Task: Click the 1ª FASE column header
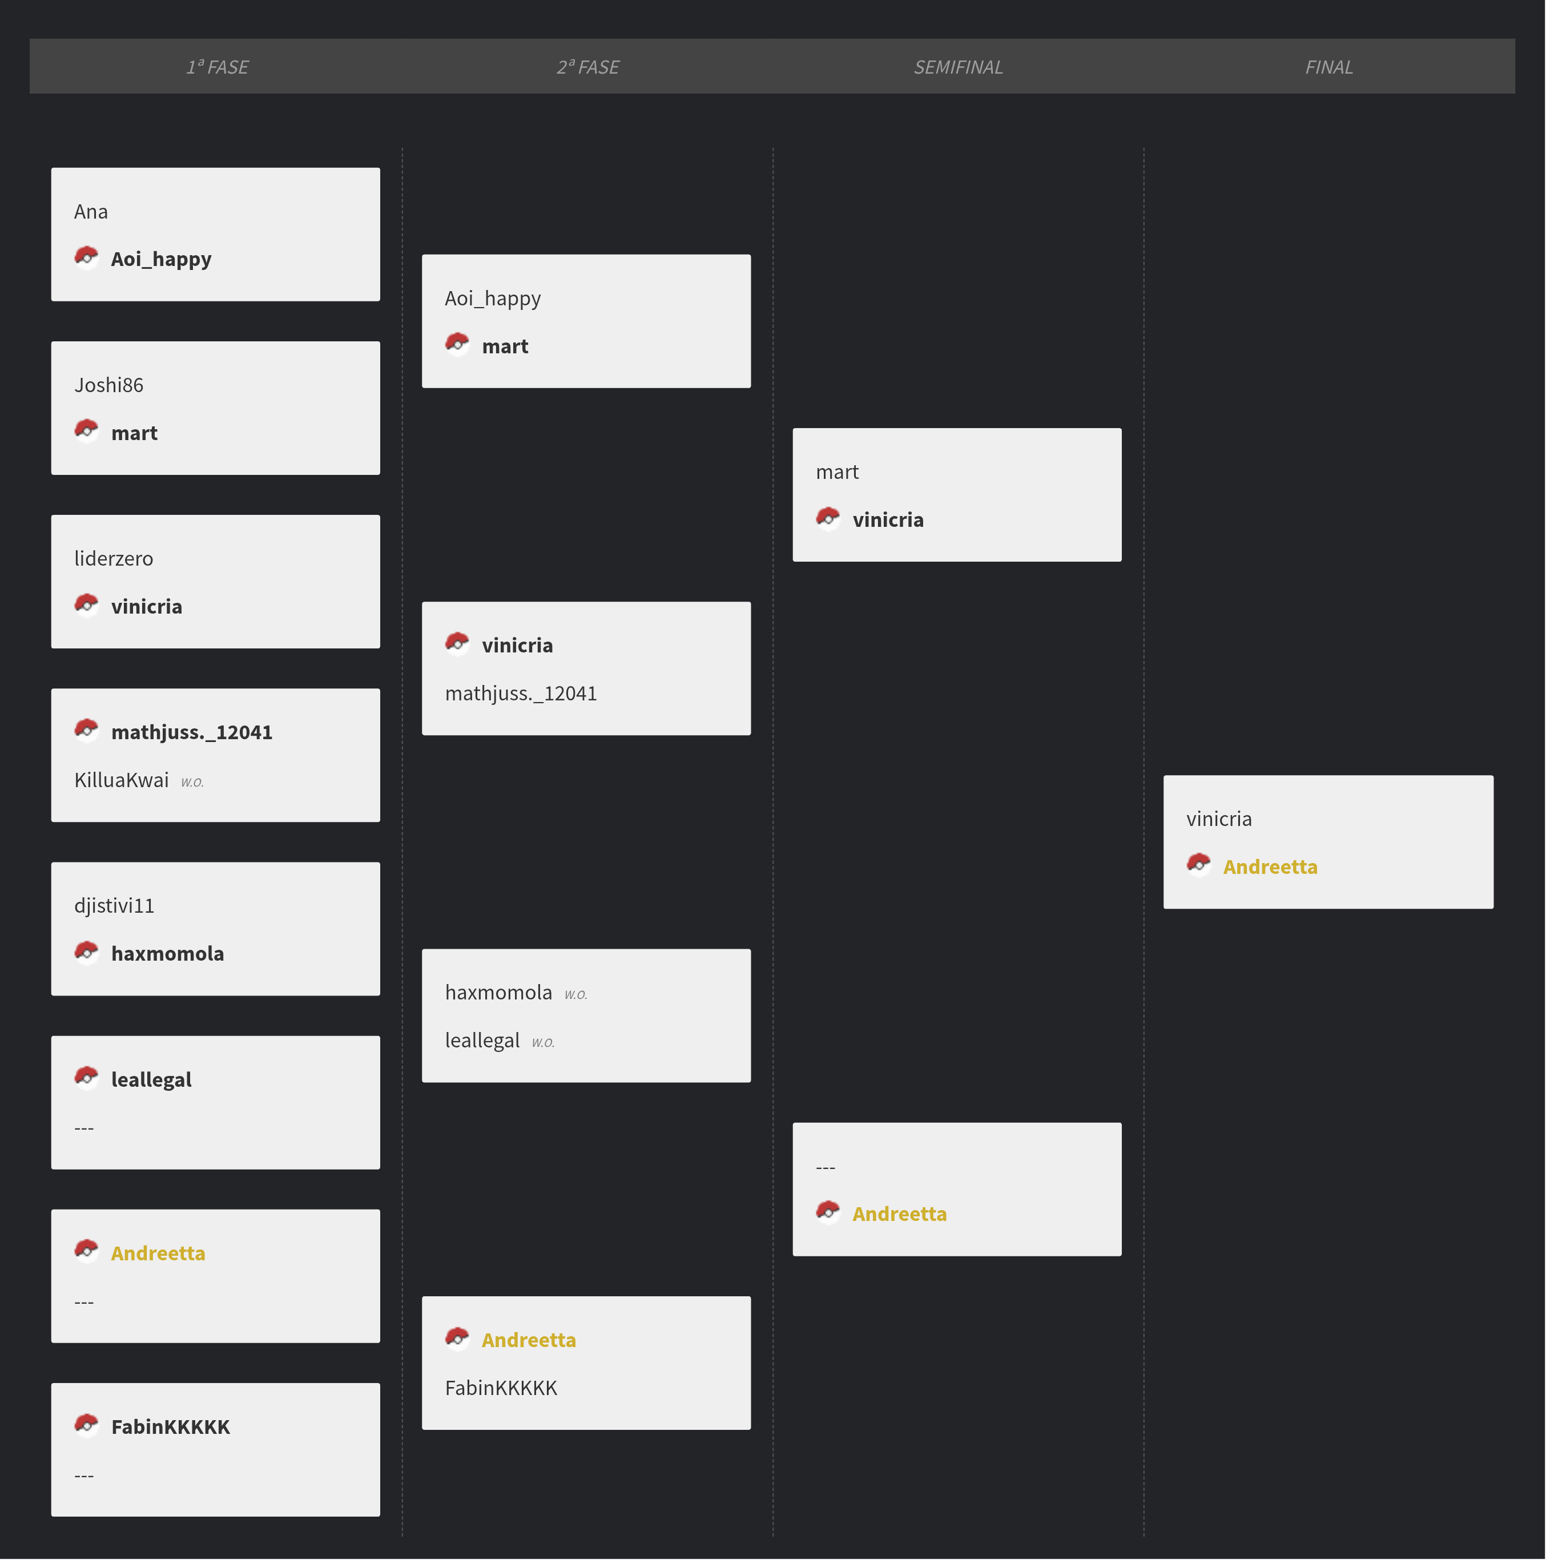pyautogui.click(x=218, y=67)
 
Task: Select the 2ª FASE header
pyautogui.click(x=587, y=67)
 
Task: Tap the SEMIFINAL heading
pyautogui.click(x=958, y=67)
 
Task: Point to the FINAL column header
pyautogui.click(x=1328, y=67)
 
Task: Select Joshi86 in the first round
pyautogui.click(x=109, y=385)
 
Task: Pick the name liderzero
pyautogui.click(x=114, y=559)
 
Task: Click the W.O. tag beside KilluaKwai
pyautogui.click(x=192, y=781)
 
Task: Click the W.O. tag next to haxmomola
pyautogui.click(x=576, y=994)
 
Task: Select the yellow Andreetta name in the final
pyautogui.click(x=1270, y=867)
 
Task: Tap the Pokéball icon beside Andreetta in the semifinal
pyautogui.click(x=828, y=1212)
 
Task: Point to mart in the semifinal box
pyautogui.click(x=837, y=473)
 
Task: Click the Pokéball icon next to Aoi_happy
pyautogui.click(x=86, y=257)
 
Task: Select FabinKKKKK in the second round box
pyautogui.click(x=501, y=1388)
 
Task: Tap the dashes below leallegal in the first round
pyautogui.click(x=84, y=1128)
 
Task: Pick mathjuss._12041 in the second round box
pyautogui.click(x=521, y=694)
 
